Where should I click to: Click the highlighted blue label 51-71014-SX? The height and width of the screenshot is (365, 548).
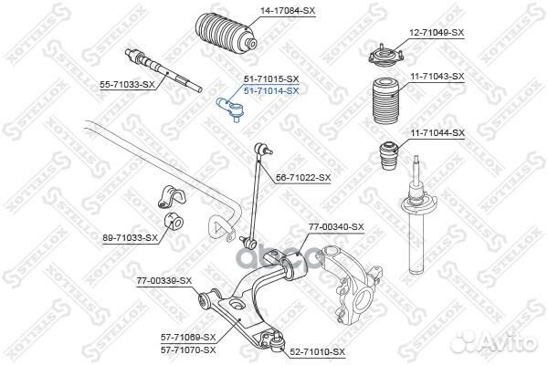[269, 91]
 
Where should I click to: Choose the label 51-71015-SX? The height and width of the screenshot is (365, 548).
[269, 80]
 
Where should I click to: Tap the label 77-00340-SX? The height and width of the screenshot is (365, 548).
[334, 226]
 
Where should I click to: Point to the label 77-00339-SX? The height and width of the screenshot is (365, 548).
[164, 280]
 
